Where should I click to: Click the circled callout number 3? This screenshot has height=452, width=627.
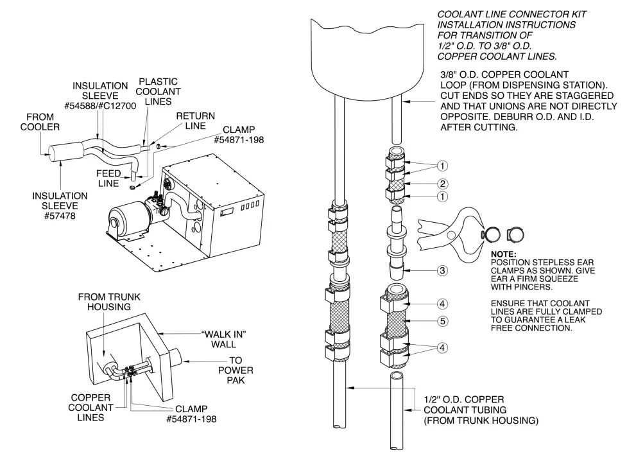pyautogui.click(x=443, y=270)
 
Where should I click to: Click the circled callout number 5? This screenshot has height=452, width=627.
pyautogui.click(x=443, y=320)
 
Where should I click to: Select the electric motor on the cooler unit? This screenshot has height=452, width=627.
pyautogui.click(x=128, y=222)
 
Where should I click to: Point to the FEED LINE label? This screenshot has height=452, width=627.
pyautogui.click(x=109, y=178)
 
